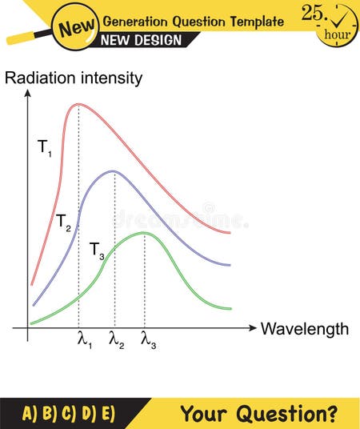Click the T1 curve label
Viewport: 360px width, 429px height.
pyautogui.click(x=45, y=147)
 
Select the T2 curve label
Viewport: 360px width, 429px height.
pyautogui.click(x=64, y=222)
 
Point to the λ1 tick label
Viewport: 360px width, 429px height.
pyautogui.click(x=84, y=341)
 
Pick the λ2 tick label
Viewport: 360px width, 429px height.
pyautogui.click(x=117, y=341)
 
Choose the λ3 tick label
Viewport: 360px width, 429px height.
pyautogui.click(x=148, y=341)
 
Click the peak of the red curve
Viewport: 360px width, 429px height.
pyautogui.click(x=78, y=104)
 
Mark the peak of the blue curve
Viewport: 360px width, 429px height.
pyautogui.click(x=114, y=170)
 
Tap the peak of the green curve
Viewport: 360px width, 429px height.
pyautogui.click(x=144, y=233)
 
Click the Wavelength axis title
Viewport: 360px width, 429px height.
pyautogui.click(x=305, y=329)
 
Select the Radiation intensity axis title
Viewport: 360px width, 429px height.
pyautogui.click(x=74, y=78)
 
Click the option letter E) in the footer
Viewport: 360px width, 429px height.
pyautogui.click(x=107, y=413)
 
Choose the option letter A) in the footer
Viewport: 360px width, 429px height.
pyautogui.click(x=30, y=413)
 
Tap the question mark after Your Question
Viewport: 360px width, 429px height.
pyautogui.click(x=330, y=413)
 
